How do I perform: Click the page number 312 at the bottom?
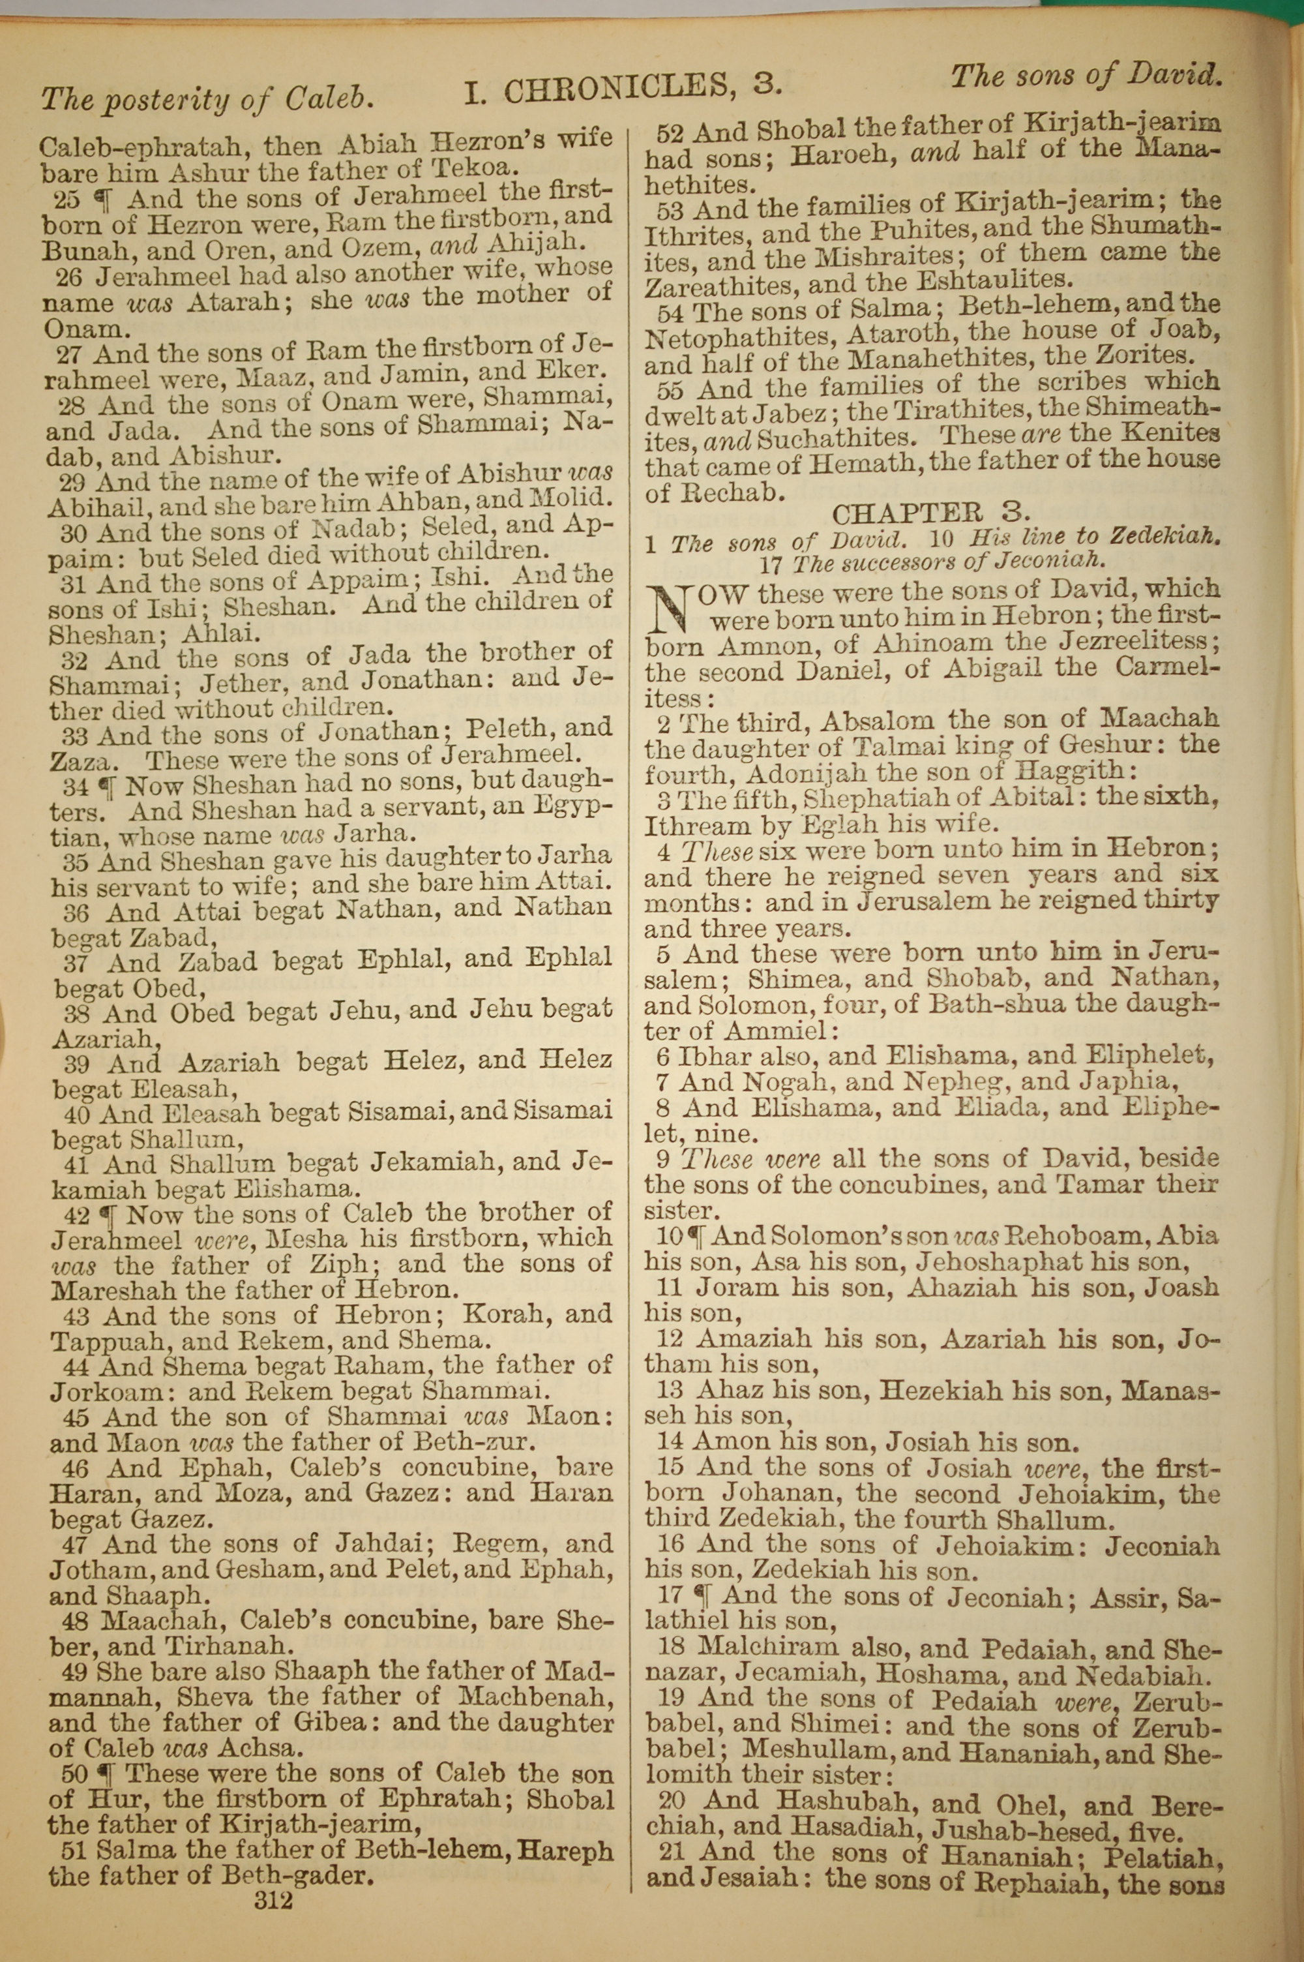coord(275,1877)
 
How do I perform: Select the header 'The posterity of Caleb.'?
coord(206,100)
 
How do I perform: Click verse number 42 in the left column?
coord(76,1215)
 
